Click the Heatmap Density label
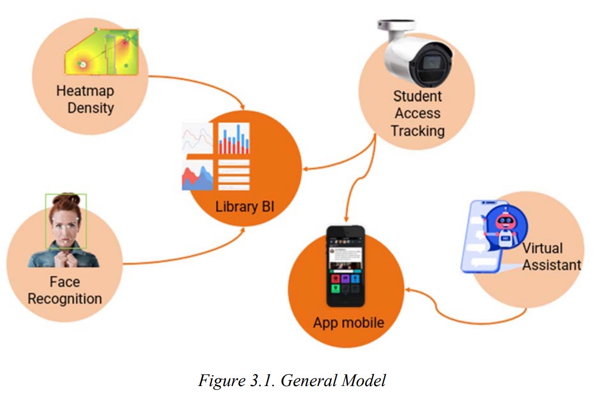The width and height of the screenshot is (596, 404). [85, 99]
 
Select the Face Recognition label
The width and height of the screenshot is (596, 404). [65, 290]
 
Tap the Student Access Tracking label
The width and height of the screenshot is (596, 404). [418, 113]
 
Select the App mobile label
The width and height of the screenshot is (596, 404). [348, 322]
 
